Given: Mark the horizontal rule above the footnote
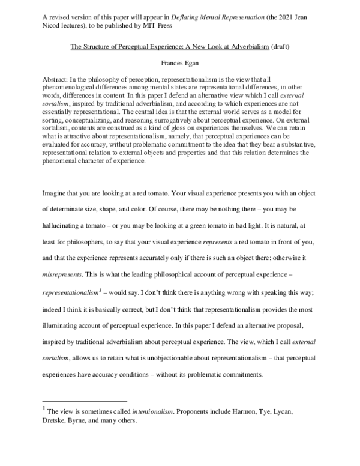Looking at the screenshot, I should coord(85,401).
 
